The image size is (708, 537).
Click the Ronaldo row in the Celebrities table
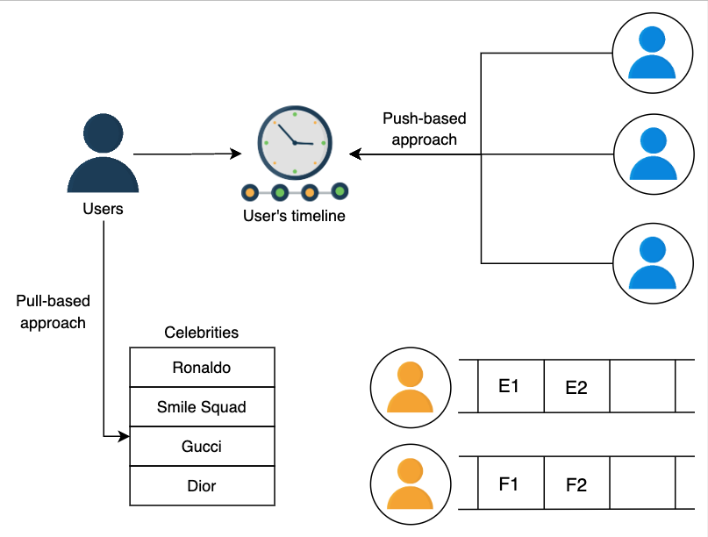point(202,368)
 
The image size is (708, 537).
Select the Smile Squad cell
point(202,407)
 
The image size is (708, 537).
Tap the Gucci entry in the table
point(202,447)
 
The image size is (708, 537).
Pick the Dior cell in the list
point(202,485)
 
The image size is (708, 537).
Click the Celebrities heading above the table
point(202,333)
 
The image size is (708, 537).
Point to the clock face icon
point(294,142)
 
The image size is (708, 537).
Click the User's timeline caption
point(294,216)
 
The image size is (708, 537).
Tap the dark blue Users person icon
point(103,156)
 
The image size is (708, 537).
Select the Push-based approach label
point(425,129)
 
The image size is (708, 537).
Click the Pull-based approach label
point(53,311)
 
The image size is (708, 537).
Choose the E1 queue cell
point(510,384)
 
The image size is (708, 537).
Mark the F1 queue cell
point(510,483)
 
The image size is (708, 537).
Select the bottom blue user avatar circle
point(652,262)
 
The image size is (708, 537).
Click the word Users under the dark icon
point(103,209)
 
